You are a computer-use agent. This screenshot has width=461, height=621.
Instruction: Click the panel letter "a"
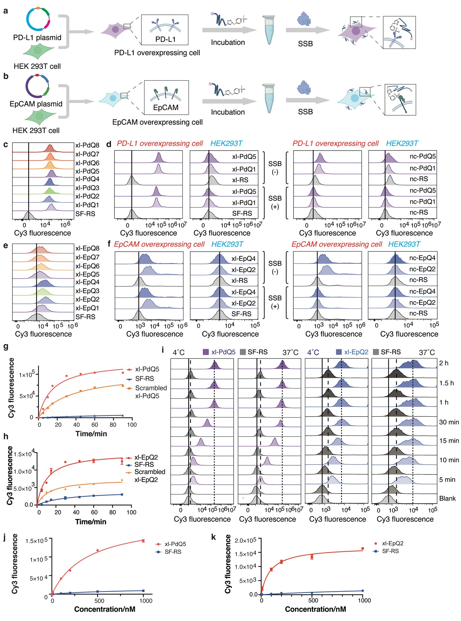pos(6,11)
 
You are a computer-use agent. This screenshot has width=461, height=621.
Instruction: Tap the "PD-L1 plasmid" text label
pos(37,38)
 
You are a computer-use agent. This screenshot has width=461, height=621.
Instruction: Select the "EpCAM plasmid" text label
pos(36,104)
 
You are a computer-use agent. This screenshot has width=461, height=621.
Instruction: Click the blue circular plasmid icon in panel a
pos(38,19)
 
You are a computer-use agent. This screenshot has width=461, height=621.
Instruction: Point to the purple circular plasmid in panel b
pos(37,86)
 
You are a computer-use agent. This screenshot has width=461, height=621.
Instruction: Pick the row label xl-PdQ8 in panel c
pos(87,145)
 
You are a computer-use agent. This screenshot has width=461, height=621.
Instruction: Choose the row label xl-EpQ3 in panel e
pos(87,291)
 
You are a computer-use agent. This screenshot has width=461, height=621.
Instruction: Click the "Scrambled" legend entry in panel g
pos(151,388)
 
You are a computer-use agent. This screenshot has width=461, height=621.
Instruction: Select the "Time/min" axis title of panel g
pos(91,434)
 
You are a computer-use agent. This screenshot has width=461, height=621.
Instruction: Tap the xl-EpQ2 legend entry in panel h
pos(146,457)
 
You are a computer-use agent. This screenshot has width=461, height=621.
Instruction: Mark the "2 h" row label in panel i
pos(444,363)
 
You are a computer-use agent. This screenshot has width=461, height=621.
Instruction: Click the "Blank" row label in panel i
pos(447,499)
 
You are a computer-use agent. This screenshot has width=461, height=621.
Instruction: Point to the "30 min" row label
pos(449,422)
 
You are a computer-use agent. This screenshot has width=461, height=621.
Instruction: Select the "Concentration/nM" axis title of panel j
pos(105,609)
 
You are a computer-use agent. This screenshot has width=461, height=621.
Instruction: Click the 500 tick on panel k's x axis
pos(313,600)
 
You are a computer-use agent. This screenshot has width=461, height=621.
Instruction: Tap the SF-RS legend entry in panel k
pos(390,551)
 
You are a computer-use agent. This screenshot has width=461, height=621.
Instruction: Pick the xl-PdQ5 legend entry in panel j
pos(175,544)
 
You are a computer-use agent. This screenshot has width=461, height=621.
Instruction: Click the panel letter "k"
pos(214,537)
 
